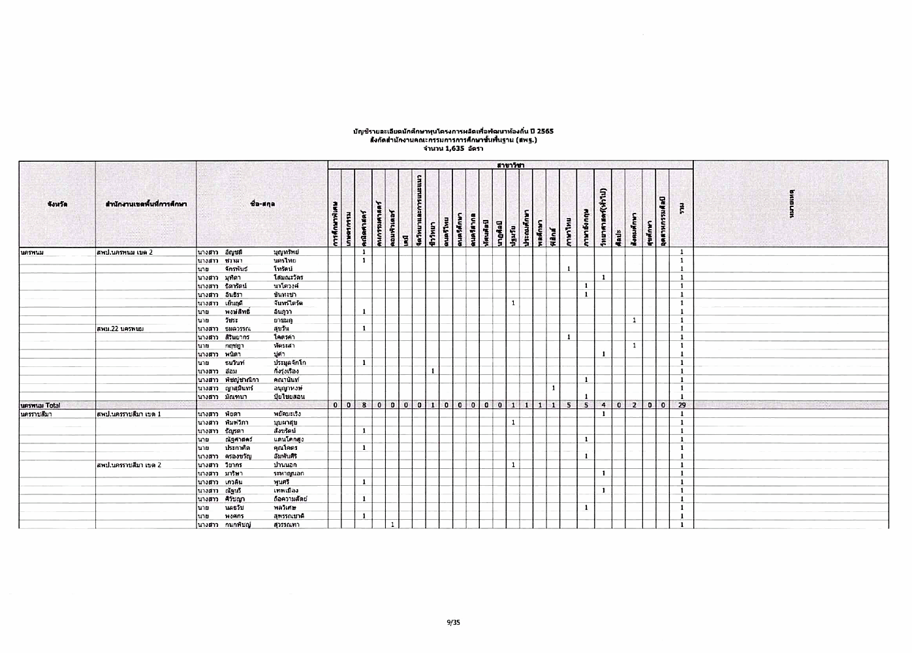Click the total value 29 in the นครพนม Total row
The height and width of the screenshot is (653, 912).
point(681,406)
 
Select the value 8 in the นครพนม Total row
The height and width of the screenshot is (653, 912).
point(364,406)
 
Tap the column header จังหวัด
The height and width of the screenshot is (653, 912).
point(57,204)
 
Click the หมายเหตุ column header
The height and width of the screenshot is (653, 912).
point(791,204)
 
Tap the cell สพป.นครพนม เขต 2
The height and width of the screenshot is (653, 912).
point(124,252)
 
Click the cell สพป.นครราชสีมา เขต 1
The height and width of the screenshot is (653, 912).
point(128,414)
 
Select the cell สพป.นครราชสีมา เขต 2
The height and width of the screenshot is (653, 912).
point(128,465)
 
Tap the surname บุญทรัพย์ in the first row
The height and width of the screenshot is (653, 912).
point(286,252)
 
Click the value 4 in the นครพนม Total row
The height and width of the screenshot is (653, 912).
point(604,406)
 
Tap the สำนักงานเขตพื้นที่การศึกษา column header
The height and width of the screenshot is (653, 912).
point(146,204)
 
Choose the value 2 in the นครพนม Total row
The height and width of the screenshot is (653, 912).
point(634,406)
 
